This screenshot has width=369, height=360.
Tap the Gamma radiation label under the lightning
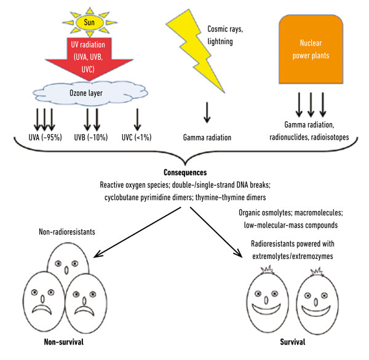click(x=206, y=138)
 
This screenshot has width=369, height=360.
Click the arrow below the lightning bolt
click(x=206, y=114)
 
